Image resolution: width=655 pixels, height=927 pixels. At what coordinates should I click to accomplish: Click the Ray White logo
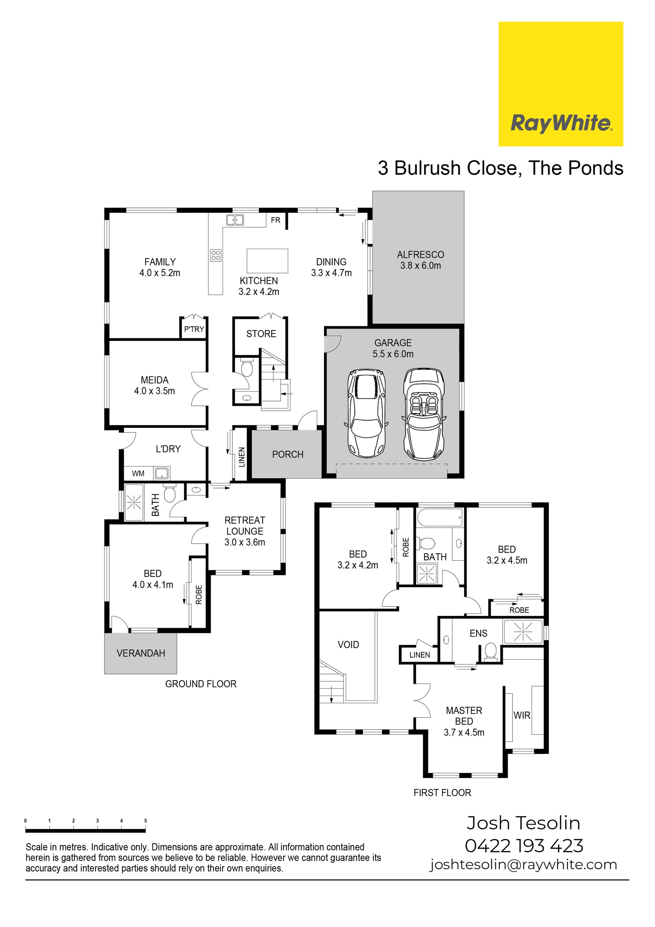coord(561,84)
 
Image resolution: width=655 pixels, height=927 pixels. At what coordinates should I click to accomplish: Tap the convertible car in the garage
coord(424,414)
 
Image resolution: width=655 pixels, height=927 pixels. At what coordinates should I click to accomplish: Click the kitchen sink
coord(235,220)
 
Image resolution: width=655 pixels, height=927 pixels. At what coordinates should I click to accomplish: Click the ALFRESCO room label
coord(421,255)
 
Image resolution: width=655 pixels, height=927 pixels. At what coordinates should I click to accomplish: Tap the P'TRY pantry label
coord(194,329)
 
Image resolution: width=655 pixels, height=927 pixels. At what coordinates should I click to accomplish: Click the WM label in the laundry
coord(138,474)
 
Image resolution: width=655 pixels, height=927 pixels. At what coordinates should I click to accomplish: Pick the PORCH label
coord(288,455)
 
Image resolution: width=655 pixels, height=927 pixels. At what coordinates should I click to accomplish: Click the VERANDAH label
coord(141,653)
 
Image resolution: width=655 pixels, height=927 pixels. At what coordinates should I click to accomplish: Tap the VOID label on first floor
coord(348,645)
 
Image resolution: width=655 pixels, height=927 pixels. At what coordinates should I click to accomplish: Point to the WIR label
coord(522,715)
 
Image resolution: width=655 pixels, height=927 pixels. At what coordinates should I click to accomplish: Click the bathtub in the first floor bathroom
coord(439,518)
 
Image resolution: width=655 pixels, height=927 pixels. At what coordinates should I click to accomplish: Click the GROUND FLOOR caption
coord(201,684)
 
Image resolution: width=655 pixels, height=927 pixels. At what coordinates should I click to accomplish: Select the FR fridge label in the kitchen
coord(276,220)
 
